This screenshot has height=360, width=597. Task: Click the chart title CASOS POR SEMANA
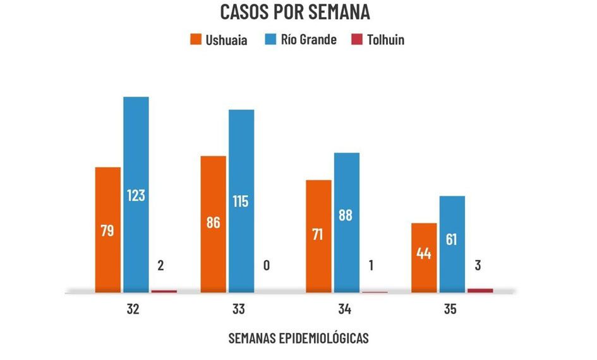tap(295, 12)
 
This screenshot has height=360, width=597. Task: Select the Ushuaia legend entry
tap(219, 40)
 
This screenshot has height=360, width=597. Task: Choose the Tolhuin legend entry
tap(378, 40)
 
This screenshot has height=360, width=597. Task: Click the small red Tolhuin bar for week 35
tap(480, 291)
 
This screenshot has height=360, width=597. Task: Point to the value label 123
tap(136, 195)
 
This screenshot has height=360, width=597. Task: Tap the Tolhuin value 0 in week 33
tap(267, 265)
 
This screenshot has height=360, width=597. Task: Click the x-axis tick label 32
tap(133, 310)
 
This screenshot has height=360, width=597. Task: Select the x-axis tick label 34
tap(344, 310)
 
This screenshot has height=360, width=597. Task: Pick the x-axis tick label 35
tap(450, 310)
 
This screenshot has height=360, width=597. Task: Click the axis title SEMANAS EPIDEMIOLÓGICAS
tap(298, 339)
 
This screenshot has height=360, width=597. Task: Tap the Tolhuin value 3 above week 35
tap(478, 265)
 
